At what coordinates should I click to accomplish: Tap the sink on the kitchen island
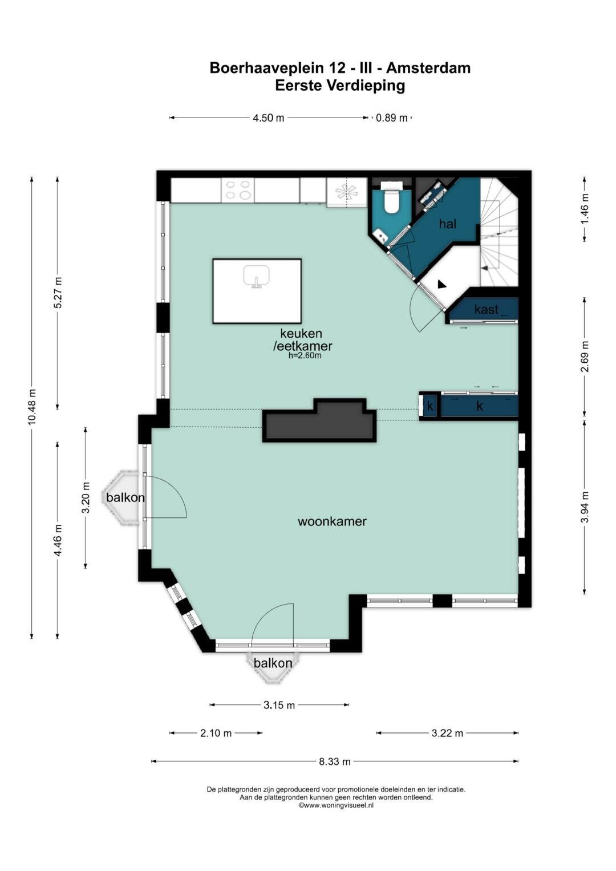256,277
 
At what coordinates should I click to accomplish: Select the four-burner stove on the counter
238,190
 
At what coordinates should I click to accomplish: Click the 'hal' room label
448,224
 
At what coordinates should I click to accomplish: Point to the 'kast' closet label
486,309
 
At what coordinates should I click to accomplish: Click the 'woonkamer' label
332,521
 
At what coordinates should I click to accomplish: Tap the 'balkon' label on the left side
125,497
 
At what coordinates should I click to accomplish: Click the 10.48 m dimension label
32,406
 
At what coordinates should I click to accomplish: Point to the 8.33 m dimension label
335,761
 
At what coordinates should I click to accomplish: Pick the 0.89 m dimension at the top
392,118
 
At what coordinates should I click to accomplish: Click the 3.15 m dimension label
279,705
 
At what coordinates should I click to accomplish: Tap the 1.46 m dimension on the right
585,208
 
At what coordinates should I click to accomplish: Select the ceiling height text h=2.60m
305,355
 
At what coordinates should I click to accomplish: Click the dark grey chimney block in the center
319,420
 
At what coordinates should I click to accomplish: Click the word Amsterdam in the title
428,68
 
